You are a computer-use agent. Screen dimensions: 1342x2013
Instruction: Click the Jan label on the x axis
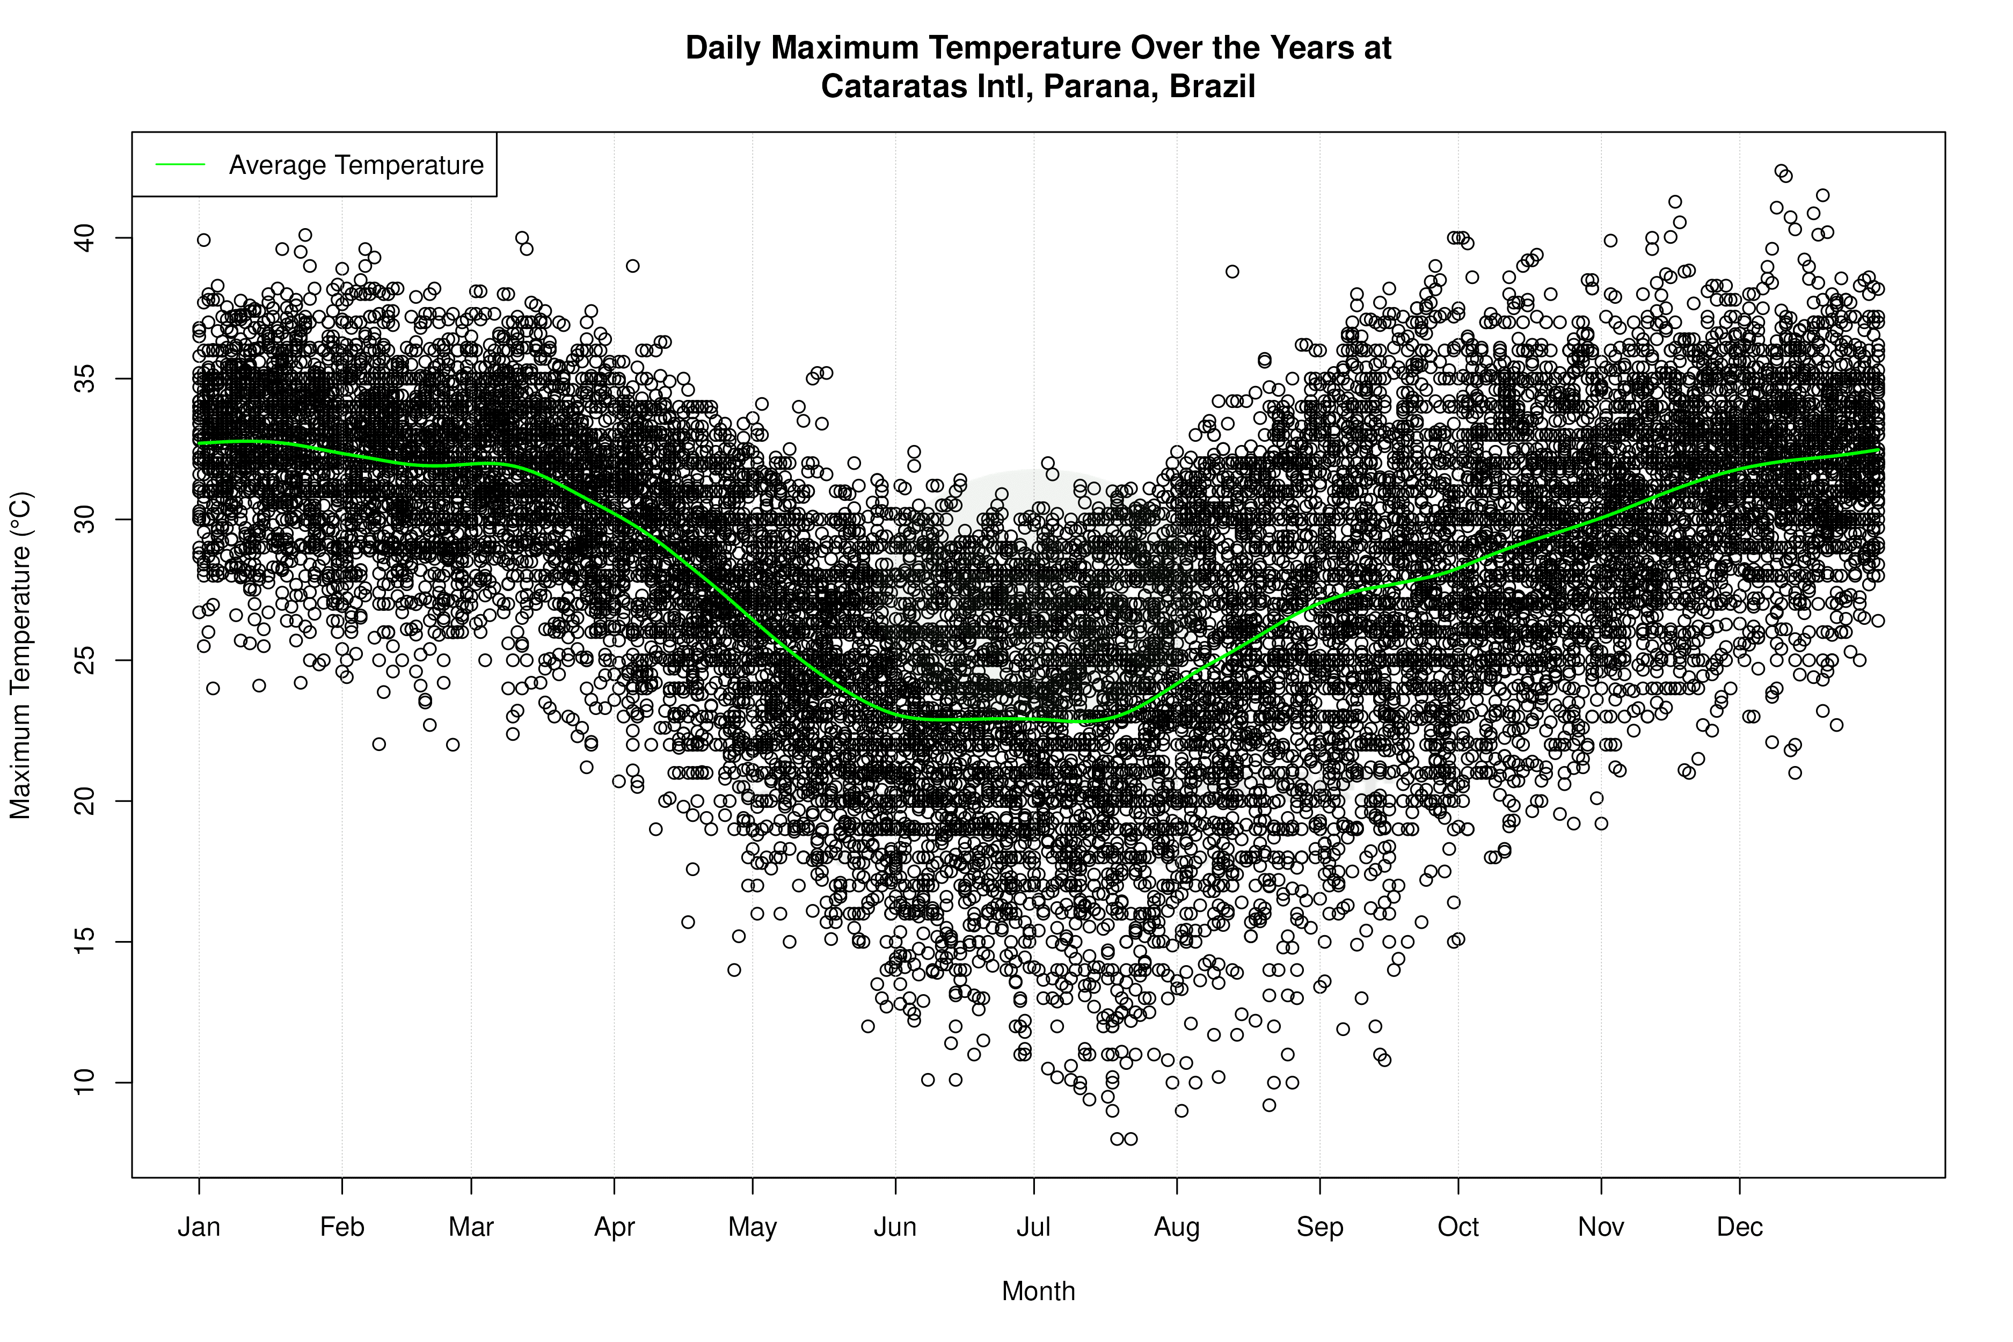[x=199, y=1227]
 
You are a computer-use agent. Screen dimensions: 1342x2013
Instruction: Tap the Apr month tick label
[x=615, y=1227]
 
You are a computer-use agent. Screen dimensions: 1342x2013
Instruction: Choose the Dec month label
[x=1739, y=1227]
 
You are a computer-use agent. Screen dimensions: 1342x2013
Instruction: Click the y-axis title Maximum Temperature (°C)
[x=20, y=655]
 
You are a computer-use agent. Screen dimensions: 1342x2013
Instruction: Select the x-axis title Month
[x=1038, y=1292]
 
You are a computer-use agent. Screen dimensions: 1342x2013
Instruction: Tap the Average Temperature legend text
[x=356, y=165]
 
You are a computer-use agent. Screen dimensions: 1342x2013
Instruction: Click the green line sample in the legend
[x=180, y=164]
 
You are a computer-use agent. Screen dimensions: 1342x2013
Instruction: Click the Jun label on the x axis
[x=895, y=1227]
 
